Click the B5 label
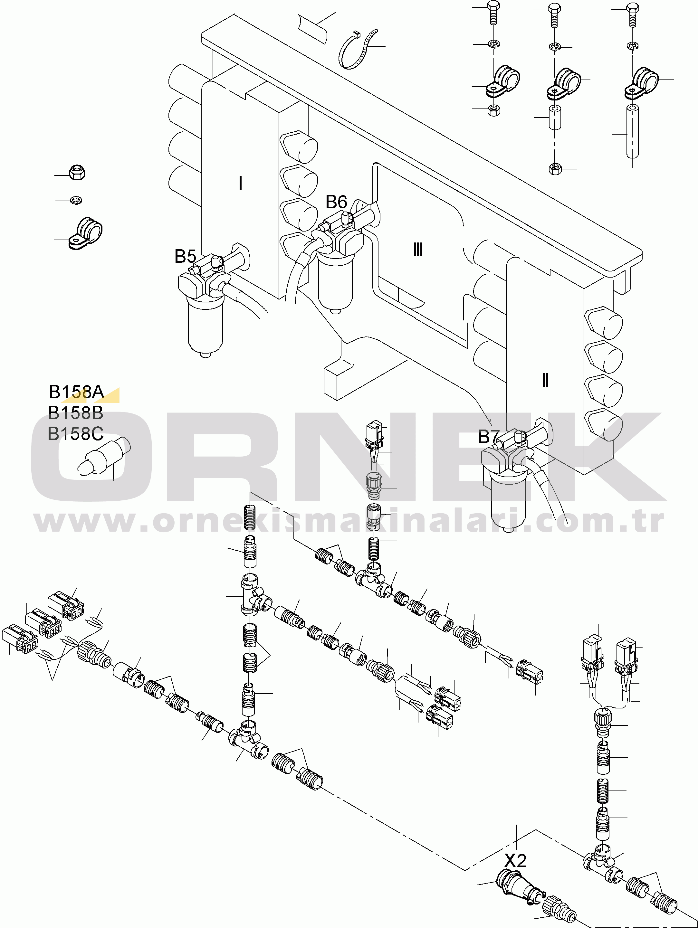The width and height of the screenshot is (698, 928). click(185, 256)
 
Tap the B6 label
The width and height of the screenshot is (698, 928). click(336, 202)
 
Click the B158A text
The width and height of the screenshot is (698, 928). click(76, 392)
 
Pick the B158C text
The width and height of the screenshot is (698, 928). click(76, 434)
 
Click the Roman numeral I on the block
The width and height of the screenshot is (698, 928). click(241, 183)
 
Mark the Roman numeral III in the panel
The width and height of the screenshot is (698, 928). click(418, 250)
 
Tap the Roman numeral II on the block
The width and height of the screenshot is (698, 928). click(545, 380)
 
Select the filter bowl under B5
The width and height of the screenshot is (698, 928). click(206, 325)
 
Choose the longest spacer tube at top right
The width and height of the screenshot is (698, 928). click(633, 131)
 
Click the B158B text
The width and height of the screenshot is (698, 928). click(76, 413)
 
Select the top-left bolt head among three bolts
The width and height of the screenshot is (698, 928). click(493, 7)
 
